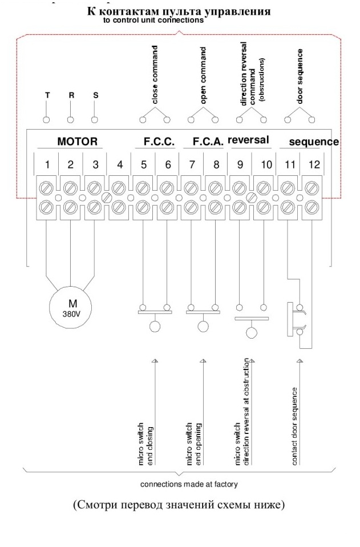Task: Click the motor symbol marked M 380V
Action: [x=71, y=308]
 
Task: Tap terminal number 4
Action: [x=120, y=164]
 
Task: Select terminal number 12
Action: [x=314, y=164]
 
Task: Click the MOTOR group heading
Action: [x=78, y=141]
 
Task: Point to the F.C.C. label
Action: [x=159, y=142]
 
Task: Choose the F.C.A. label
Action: [x=208, y=142]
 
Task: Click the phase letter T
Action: [x=47, y=95]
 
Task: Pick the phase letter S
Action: [x=95, y=95]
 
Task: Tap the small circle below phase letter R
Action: [x=70, y=120]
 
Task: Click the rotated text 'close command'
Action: [x=155, y=75]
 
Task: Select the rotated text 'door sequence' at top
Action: [x=300, y=76]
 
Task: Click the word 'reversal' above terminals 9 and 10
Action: [x=248, y=140]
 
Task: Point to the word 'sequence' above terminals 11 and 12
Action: [x=314, y=142]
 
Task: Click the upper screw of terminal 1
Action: [x=47, y=189]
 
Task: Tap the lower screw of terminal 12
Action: [x=311, y=208]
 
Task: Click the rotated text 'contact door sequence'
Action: [x=295, y=427]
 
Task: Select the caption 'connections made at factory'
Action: [x=189, y=484]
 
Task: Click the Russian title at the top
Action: [x=179, y=11]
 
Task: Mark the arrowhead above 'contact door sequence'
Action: [x=299, y=361]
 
